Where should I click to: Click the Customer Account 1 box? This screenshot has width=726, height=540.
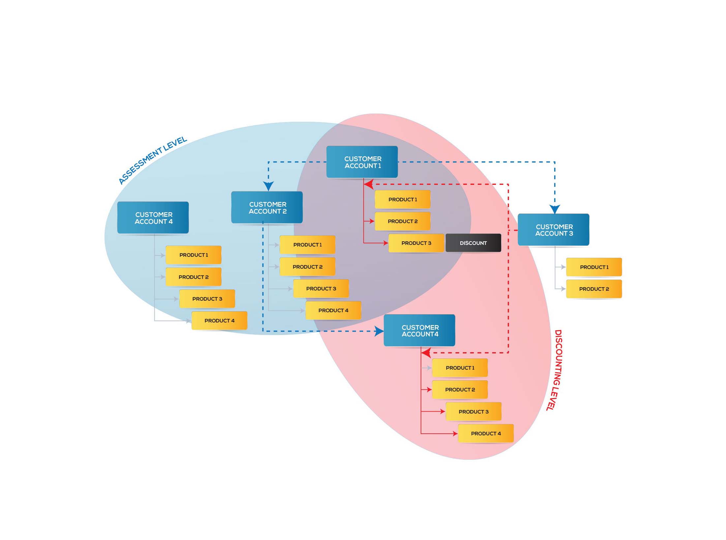pyautogui.click(x=362, y=162)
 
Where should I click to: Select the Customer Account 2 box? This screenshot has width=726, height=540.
pyautogui.click(x=267, y=208)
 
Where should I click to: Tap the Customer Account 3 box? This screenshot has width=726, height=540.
pyautogui.click(x=553, y=230)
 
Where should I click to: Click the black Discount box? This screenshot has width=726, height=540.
pyautogui.click(x=473, y=243)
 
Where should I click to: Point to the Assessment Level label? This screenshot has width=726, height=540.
pyautogui.click(x=153, y=160)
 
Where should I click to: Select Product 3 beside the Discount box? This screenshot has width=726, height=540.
pyautogui.click(x=416, y=243)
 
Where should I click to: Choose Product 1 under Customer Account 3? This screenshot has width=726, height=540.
pyautogui.click(x=594, y=267)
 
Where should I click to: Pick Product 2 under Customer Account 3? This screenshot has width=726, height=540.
pyautogui.click(x=594, y=289)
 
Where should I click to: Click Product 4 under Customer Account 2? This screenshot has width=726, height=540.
pyautogui.click(x=333, y=310)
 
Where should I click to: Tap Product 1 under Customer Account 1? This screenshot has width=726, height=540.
pyautogui.click(x=402, y=199)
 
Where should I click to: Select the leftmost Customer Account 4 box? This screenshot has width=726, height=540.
pyautogui.click(x=153, y=218)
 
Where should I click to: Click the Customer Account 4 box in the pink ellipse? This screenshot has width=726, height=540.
pyautogui.click(x=419, y=330)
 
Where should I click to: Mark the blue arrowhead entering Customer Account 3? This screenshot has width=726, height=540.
pyautogui.click(x=555, y=209)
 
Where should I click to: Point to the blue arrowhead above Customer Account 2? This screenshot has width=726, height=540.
pyautogui.click(x=268, y=186)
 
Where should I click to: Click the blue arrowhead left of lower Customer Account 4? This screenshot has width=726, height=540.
pyautogui.click(x=379, y=331)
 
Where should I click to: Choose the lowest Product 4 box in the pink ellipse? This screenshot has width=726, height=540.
pyautogui.click(x=486, y=433)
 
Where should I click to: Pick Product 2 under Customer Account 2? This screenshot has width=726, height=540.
pyautogui.click(x=307, y=267)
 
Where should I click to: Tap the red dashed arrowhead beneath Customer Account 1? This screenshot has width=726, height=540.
pyautogui.click(x=369, y=184)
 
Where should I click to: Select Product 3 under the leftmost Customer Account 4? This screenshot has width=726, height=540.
pyautogui.click(x=207, y=299)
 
